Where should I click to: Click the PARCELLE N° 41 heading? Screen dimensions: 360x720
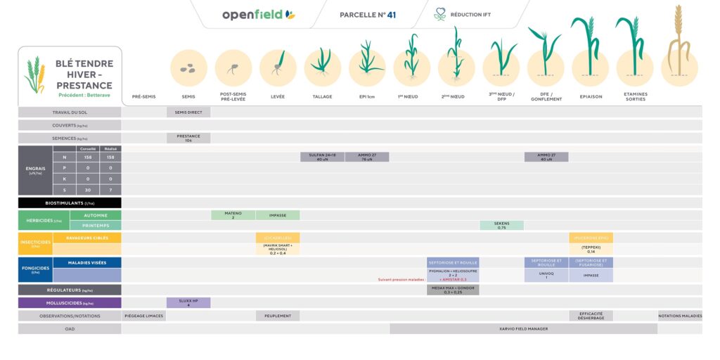[368, 15]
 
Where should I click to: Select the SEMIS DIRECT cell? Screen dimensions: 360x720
[188, 112]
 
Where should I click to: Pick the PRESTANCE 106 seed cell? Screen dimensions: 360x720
[188, 138]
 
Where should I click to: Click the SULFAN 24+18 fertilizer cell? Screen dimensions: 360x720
[322, 157]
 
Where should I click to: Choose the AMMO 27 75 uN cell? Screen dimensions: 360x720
[367, 157]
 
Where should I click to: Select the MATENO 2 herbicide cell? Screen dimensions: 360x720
[233, 215]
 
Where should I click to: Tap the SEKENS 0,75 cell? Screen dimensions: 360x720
[501, 225]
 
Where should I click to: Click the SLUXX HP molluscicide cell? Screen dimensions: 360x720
[188, 302]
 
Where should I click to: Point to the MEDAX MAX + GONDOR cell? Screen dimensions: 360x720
[453, 290]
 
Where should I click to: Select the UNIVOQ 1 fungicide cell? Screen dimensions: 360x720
[546, 275]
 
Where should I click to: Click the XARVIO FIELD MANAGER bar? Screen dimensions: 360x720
[523, 328]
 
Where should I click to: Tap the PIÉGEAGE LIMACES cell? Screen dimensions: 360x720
[144, 316]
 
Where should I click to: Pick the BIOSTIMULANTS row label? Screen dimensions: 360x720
[70, 202]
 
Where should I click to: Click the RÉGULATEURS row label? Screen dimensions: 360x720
[70, 290]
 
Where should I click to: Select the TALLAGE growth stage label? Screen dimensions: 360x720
[322, 96]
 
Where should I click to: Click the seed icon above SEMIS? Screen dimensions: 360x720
[188, 68]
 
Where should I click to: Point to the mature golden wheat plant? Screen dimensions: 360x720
[679, 42]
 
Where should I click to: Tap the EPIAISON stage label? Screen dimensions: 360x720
[591, 96]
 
